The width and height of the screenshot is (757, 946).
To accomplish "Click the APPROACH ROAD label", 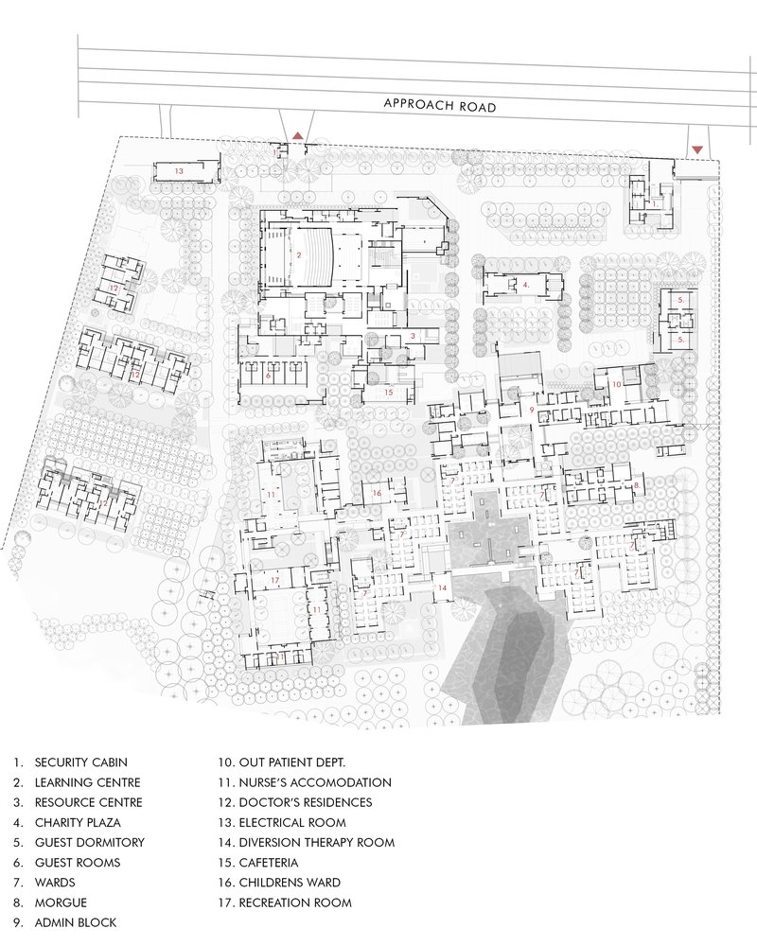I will tap(440, 106).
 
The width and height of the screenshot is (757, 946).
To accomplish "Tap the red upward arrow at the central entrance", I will tap(299, 135).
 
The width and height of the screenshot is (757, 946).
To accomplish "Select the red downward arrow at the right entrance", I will tap(698, 149).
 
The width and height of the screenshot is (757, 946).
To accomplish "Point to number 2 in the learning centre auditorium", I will tap(299, 254).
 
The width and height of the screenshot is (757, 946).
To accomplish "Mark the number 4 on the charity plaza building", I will tap(525, 283).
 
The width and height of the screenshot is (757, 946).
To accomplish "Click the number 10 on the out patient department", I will tap(616, 384).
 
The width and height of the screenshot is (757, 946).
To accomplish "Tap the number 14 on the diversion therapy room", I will tap(441, 587).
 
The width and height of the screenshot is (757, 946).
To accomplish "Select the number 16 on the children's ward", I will tap(376, 493).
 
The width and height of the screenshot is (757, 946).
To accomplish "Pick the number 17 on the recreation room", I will tap(274, 579).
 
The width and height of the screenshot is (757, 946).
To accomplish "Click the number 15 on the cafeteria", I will tap(388, 391).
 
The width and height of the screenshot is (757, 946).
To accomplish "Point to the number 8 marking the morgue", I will tap(637, 485).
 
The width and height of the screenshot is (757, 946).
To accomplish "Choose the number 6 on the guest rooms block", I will tap(269, 376).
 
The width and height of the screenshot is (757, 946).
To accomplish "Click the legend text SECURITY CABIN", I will tap(81, 762).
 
